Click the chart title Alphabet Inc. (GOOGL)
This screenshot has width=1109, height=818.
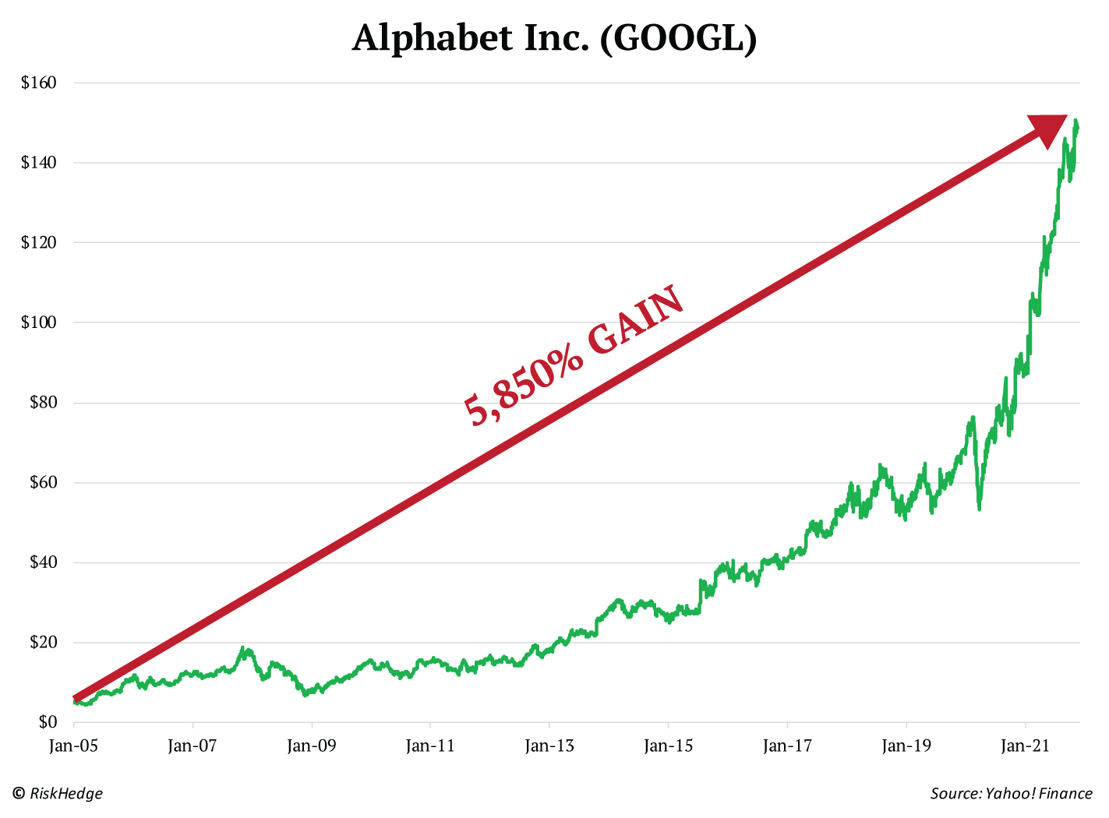[x=554, y=38]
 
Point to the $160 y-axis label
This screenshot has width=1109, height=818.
[x=39, y=83]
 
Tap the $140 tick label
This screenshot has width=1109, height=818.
[x=39, y=163]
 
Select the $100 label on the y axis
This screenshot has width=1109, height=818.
[x=39, y=323]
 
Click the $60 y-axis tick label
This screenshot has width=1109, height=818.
[x=42, y=483]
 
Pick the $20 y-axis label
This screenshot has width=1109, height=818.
[x=42, y=643]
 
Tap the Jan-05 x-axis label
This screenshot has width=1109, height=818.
[x=73, y=746]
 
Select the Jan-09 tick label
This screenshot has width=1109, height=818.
[x=311, y=746]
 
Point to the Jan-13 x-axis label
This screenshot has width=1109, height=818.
[x=549, y=746]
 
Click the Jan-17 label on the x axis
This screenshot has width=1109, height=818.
[x=787, y=746]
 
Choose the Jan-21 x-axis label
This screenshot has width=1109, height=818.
[x=1025, y=746]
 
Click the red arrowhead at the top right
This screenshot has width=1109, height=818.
[x=1048, y=129]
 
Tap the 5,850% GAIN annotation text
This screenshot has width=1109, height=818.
[x=574, y=357]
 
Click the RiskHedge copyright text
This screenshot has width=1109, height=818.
[x=58, y=794]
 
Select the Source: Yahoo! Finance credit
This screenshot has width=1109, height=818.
[x=1011, y=794]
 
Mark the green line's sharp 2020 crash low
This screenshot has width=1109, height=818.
[x=979, y=508]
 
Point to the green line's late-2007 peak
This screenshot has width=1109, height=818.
[x=243, y=648]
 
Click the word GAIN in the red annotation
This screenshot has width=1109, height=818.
[x=635, y=321]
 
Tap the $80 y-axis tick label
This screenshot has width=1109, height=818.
[x=42, y=403]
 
